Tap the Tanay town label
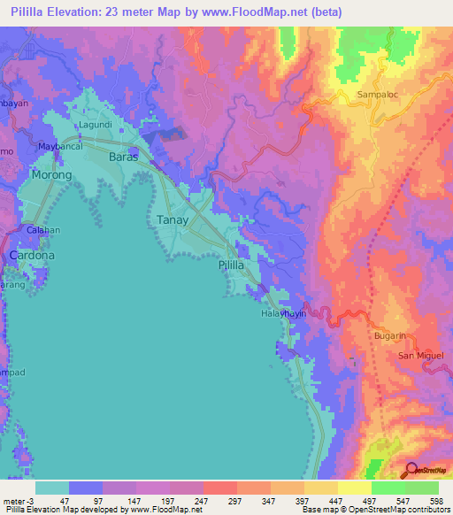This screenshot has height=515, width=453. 173,220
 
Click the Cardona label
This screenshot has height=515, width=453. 32,255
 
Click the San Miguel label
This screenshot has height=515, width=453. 418,355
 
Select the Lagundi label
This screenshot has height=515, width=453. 96,125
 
